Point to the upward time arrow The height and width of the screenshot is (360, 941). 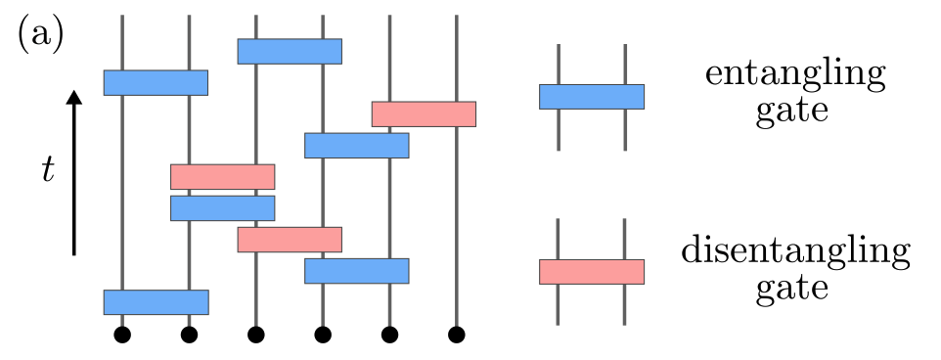pos(74,171)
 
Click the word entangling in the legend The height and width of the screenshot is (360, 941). pos(792,75)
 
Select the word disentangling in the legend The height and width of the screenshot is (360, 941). pos(794,252)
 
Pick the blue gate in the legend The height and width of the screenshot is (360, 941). pos(591,96)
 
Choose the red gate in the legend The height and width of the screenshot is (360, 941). pos(591,271)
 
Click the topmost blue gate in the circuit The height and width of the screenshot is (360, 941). pos(290,51)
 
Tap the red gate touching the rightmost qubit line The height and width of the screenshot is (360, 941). pos(424,113)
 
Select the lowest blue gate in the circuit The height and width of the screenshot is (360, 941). pos(156,302)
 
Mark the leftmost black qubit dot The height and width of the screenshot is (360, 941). pos(122,336)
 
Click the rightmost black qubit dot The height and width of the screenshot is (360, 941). pos(456,336)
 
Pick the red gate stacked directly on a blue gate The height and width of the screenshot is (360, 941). pos(222,176)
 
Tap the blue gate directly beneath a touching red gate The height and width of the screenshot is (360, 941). pos(222,208)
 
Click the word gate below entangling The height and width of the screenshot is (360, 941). pos(792,111)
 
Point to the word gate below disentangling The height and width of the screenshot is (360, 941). pos(793,289)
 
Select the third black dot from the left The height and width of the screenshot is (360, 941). pos(256,336)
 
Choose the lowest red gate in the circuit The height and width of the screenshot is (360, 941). pos(290,240)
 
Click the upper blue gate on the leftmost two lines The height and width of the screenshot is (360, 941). pos(156,82)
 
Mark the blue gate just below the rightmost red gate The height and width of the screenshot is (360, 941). pos(356,145)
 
